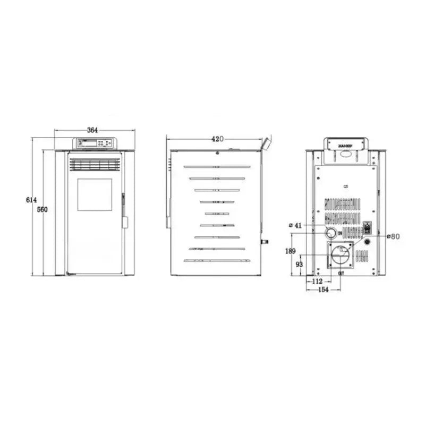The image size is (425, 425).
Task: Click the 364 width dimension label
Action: point(93,131)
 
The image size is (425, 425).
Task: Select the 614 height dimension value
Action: point(31,200)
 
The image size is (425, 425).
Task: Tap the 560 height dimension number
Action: point(42,209)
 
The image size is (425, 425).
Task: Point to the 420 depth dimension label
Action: point(217,139)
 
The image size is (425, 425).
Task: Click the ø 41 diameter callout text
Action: point(295,225)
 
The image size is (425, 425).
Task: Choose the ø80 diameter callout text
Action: point(394,236)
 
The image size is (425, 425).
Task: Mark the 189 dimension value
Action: point(291,251)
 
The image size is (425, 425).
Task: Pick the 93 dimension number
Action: point(300,264)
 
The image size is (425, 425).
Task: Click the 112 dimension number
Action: point(317,281)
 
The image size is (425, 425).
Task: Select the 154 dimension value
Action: point(323,290)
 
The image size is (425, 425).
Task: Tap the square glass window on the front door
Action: point(95,194)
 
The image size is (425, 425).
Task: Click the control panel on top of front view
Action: point(95,143)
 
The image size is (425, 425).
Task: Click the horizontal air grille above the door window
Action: point(95,165)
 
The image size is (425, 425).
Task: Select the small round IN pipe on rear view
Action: point(330,232)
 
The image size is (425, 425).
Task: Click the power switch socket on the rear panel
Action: point(366,231)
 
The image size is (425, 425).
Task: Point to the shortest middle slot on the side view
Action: point(217,214)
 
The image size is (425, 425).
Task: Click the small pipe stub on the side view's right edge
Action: point(264,242)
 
